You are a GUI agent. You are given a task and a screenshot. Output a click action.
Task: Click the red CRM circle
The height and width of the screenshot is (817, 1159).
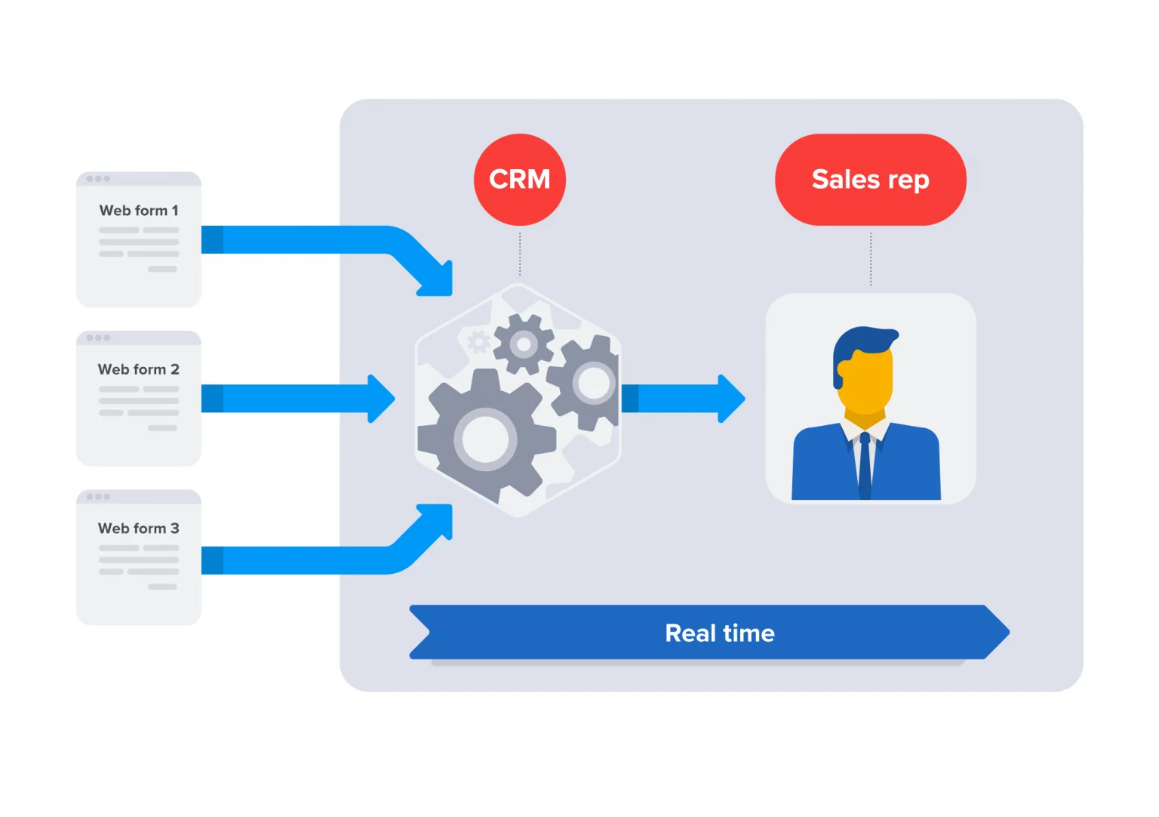pyautogui.click(x=519, y=180)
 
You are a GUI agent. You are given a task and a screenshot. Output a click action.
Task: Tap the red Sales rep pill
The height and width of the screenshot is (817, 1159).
pyautogui.click(x=870, y=180)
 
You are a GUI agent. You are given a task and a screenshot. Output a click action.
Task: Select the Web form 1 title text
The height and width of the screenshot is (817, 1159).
pyautogui.click(x=139, y=211)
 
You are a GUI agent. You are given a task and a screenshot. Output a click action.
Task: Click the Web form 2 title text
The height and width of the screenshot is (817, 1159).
pyautogui.click(x=139, y=369)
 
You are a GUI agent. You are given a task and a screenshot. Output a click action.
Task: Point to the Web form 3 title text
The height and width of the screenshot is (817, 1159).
pyautogui.click(x=139, y=529)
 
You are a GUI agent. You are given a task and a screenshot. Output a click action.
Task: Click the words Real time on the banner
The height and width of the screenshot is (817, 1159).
pyautogui.click(x=719, y=633)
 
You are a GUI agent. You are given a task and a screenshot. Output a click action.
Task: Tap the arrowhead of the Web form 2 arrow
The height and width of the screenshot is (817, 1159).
pyautogui.click(x=380, y=399)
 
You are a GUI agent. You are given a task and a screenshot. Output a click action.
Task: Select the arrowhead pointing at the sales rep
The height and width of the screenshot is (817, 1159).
pyautogui.click(x=730, y=399)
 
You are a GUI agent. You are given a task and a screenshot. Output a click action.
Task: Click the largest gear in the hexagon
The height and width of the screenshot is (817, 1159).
pyautogui.click(x=485, y=438)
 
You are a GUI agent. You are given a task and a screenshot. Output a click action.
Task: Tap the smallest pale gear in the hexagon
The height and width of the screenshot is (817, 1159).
pyautogui.click(x=478, y=342)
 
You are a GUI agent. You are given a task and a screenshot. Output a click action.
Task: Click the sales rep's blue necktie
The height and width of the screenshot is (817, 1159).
pyautogui.click(x=865, y=464)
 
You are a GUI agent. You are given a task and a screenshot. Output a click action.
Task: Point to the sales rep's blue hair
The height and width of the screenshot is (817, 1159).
pyautogui.click(x=864, y=344)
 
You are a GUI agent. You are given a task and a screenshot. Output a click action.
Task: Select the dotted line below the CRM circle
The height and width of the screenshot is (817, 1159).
pyautogui.click(x=520, y=254)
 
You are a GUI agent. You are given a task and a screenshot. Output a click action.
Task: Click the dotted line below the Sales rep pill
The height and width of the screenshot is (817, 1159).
pyautogui.click(x=871, y=258)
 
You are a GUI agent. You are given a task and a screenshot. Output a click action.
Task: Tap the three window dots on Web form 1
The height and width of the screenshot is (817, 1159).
pyautogui.click(x=98, y=179)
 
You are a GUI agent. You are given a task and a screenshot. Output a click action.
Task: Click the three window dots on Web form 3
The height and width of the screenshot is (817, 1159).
pyautogui.click(x=98, y=497)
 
